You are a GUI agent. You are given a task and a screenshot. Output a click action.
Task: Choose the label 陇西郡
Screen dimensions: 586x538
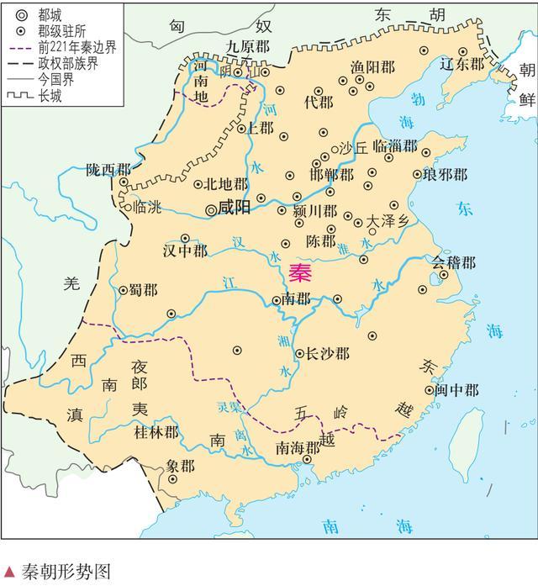109,169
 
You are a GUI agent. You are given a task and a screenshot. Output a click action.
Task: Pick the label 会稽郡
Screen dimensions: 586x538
454,263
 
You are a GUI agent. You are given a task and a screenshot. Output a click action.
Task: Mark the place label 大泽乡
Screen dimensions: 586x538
387,222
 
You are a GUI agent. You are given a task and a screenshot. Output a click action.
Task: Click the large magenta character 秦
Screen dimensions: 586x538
299,272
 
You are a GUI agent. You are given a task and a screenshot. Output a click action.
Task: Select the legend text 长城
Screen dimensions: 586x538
49,97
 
